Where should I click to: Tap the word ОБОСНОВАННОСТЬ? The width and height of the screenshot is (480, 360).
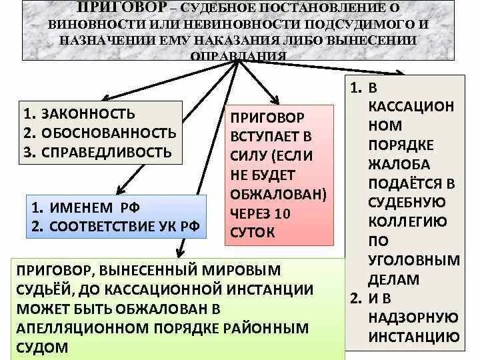[109, 133]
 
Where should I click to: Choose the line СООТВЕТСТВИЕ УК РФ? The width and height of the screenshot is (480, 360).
[125, 225]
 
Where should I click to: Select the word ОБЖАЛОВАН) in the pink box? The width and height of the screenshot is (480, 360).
[278, 195]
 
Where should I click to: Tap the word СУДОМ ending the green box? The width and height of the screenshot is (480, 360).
[43, 347]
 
